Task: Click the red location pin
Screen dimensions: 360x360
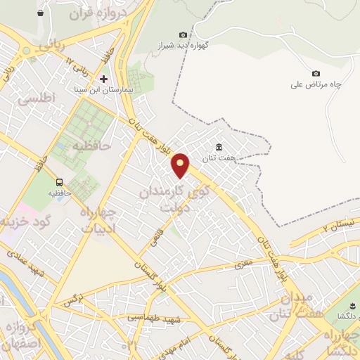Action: (x=181, y=165)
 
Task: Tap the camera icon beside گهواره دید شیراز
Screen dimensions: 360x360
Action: (x=184, y=35)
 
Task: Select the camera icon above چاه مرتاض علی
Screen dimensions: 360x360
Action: (x=316, y=74)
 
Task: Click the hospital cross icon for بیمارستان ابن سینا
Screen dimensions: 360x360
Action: (x=104, y=79)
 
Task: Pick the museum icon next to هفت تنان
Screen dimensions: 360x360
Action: (x=219, y=147)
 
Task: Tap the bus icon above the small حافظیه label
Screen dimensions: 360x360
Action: (x=60, y=181)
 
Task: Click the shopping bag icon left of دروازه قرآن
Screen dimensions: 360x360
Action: (x=40, y=13)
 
